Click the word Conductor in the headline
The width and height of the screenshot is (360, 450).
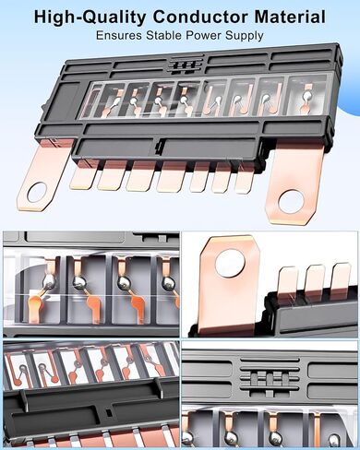tap(200, 17)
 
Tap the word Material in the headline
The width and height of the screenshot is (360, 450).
tap(290, 17)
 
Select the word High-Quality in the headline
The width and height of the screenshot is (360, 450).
tap(90, 18)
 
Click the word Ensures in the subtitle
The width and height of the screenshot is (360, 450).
tap(119, 35)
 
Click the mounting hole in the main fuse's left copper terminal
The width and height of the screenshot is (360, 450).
tap(37, 193)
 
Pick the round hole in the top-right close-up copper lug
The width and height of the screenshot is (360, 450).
tap(230, 263)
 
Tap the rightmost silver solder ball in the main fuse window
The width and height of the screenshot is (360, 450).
tap(306, 97)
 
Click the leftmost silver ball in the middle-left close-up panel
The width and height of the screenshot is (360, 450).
tap(50, 281)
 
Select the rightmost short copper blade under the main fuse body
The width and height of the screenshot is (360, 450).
tap(245, 182)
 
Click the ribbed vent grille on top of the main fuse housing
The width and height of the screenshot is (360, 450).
tap(186, 65)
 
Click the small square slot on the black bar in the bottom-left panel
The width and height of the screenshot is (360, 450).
tap(107, 412)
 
